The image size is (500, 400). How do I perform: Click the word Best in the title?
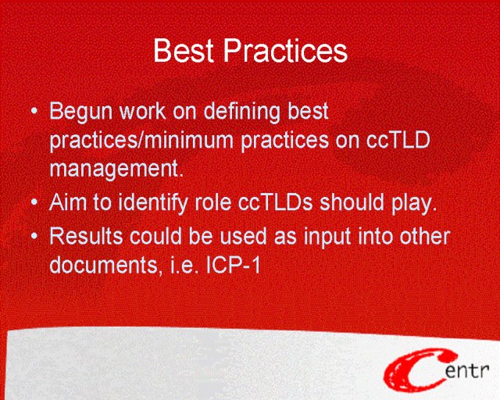point(184,50)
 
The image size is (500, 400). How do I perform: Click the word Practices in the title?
point(285,50)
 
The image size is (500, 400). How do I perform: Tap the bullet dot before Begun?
point(34,111)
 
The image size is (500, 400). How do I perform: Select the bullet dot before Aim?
point(34,202)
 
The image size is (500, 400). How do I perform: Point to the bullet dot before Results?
point(34,237)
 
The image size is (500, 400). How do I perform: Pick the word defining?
point(242,112)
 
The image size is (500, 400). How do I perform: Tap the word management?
point(116,169)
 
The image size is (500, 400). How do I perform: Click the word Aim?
point(68,202)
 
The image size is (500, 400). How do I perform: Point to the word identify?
point(153,203)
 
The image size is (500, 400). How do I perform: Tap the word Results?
point(86,237)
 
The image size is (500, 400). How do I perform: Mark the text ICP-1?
point(234,265)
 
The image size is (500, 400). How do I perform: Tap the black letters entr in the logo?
point(467,371)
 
